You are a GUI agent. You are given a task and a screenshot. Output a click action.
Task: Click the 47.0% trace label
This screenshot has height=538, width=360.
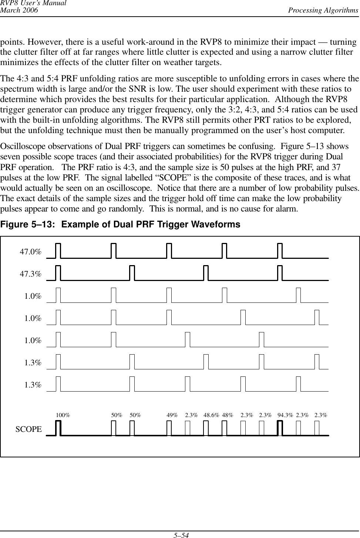click(x=30, y=252)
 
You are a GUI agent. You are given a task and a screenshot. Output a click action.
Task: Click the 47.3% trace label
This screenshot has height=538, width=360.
click(x=30, y=274)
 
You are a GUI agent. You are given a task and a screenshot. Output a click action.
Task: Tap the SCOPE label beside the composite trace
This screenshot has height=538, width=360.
click(x=28, y=429)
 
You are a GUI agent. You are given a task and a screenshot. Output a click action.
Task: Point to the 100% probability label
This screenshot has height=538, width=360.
click(x=63, y=415)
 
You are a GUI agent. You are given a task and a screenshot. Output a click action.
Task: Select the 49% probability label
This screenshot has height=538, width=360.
click(x=172, y=415)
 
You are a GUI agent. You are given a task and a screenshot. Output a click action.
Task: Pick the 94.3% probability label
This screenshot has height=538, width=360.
click(x=285, y=415)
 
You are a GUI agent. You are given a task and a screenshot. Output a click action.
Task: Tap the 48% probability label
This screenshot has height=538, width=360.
click(x=228, y=415)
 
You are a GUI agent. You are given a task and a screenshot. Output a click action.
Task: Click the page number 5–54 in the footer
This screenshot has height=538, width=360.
click(x=180, y=534)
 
